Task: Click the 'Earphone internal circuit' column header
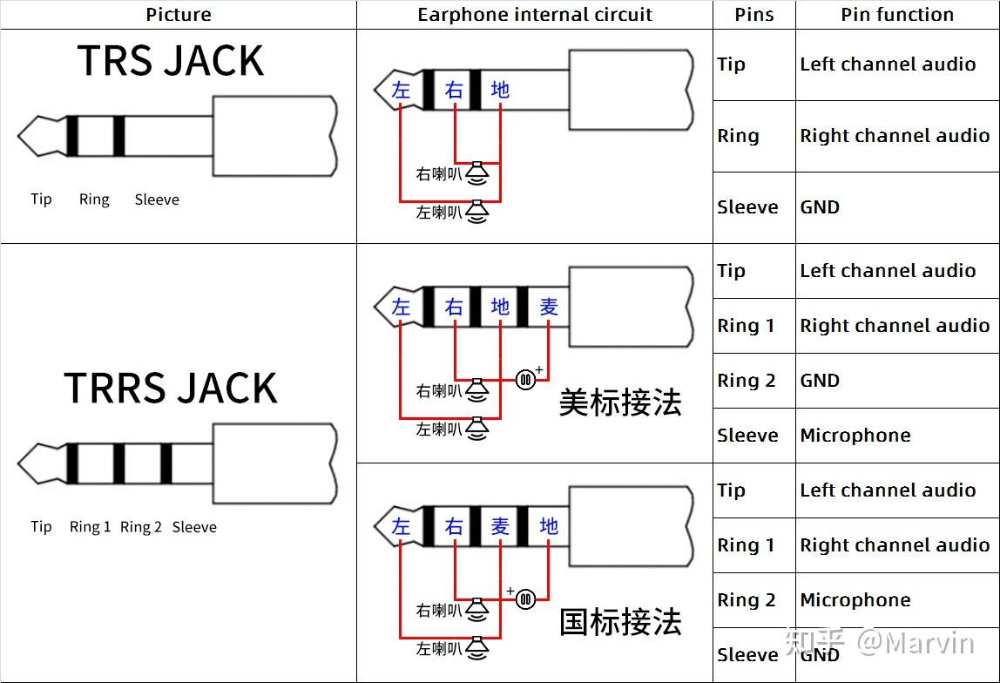[x=534, y=15]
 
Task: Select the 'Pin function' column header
[x=896, y=15]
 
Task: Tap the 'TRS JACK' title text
[x=171, y=61]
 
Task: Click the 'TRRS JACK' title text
[x=171, y=388]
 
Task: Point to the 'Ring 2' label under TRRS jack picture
[x=141, y=527]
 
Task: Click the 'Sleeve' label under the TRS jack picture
[x=157, y=199]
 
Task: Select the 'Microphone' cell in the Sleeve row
[x=855, y=436]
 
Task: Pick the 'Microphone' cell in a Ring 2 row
[x=855, y=600]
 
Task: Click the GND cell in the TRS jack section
[x=820, y=207]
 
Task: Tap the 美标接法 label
[x=619, y=402]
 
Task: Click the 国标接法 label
[x=619, y=622]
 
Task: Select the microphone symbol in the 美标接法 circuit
[x=525, y=379]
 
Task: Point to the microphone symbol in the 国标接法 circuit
[x=525, y=598]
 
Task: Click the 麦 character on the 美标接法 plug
[x=548, y=307]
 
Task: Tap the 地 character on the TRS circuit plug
[x=500, y=90]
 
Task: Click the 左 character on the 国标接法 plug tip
[x=401, y=526]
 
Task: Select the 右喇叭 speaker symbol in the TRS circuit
[x=476, y=174]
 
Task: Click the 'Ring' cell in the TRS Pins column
[x=738, y=136]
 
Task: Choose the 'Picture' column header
[x=178, y=15]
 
